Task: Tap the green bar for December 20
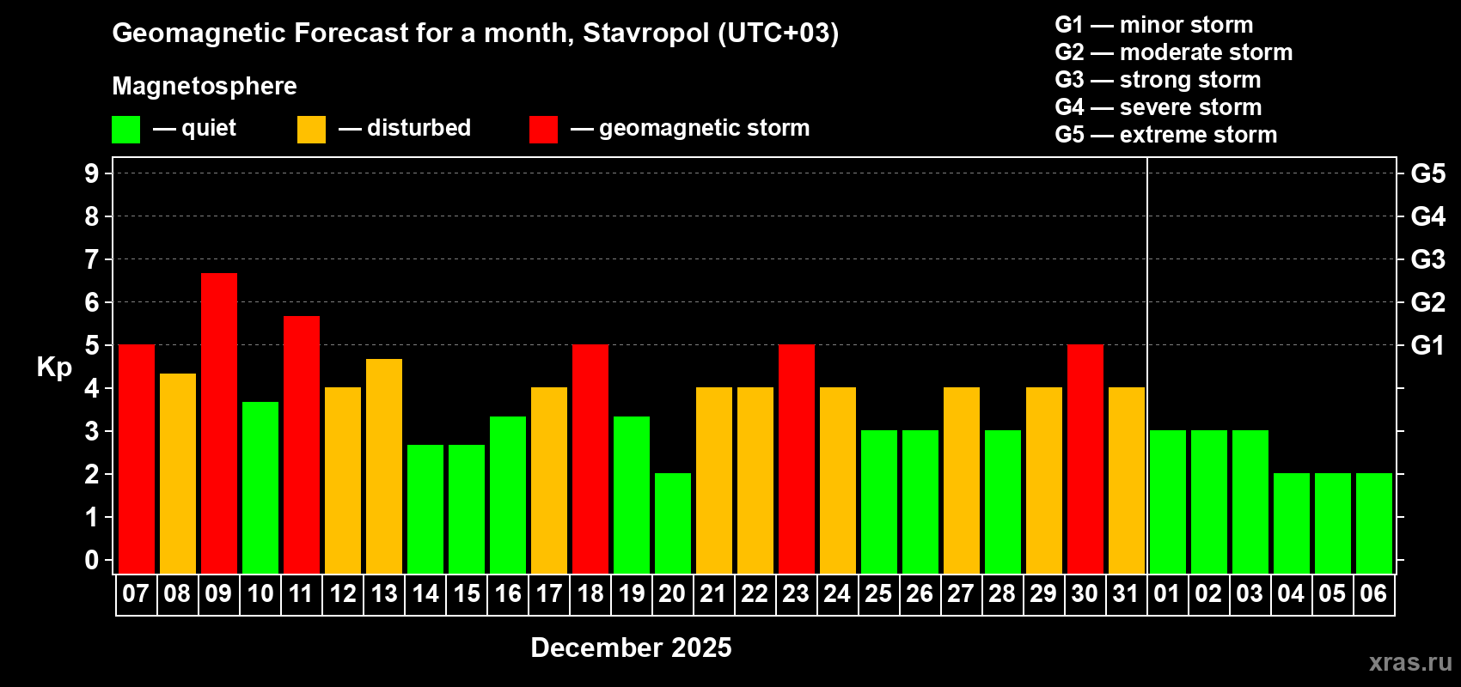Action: pos(673,523)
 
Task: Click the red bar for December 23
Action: pos(797,459)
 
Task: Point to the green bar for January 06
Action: pos(1374,523)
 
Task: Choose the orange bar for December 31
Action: pos(1127,480)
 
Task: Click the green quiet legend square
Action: pos(125,130)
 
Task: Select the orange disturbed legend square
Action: pos(311,130)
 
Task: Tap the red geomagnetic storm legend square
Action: pos(543,130)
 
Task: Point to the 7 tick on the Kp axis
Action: pos(92,259)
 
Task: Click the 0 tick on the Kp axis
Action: pos(92,561)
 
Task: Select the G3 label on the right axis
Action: pos(1427,259)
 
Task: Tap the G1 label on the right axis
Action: pos(1427,345)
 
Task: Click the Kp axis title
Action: pos(54,368)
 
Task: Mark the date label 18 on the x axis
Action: pos(590,594)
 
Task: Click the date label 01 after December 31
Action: pos(1166,594)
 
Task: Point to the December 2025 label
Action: pos(631,647)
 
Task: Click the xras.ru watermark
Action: pos(1410,662)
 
